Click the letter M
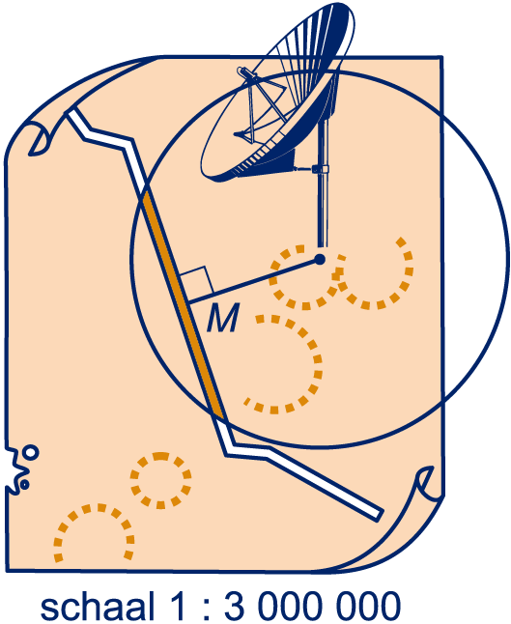(x=223, y=317)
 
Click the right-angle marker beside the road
(x=198, y=280)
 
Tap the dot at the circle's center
(x=319, y=260)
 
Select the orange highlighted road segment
(x=183, y=304)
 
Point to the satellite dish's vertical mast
(x=322, y=184)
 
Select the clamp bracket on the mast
(x=321, y=169)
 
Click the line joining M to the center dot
(x=254, y=280)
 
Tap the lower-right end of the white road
(x=379, y=515)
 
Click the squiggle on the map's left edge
(x=20, y=468)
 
